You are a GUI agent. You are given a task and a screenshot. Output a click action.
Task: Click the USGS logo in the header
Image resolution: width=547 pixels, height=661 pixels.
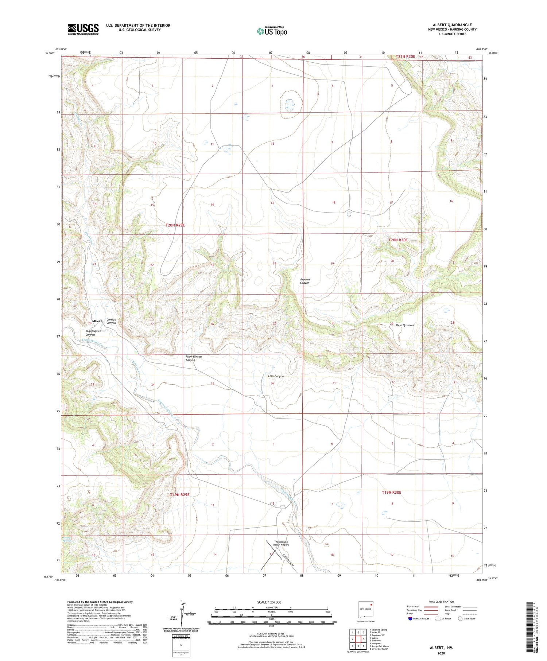pos(83,29)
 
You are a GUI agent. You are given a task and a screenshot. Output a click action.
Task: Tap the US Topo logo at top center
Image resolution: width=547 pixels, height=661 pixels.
pos(272,31)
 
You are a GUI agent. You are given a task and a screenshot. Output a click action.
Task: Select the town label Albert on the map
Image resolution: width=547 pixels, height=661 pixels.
pos(97,321)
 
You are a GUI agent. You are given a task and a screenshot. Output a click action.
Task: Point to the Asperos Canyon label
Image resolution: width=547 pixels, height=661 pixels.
pos(304,281)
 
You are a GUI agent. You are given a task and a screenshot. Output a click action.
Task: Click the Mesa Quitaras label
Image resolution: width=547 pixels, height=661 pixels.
pos(404,325)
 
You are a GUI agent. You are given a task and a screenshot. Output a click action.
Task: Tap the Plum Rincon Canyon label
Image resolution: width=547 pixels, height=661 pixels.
pos(193,358)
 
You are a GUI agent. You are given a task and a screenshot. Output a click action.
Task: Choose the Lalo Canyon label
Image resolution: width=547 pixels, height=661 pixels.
pos(276,376)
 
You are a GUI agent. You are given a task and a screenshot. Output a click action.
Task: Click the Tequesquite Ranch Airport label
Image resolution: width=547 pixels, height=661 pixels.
pos(281,543)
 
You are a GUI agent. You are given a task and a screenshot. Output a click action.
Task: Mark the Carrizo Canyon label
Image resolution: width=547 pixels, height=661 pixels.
pos(111,321)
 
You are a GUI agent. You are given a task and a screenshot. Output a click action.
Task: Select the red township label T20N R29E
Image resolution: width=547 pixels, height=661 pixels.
pos(175,225)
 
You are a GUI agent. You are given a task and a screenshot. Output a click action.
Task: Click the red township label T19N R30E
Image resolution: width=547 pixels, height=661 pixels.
pos(391,493)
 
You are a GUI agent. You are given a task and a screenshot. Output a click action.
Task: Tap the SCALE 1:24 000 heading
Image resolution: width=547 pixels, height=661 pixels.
pos(269,602)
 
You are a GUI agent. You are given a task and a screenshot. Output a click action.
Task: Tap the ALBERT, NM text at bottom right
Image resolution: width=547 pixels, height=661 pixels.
pos(441,648)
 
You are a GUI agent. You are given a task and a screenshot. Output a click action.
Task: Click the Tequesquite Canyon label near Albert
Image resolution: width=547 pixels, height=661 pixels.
pos(93,333)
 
